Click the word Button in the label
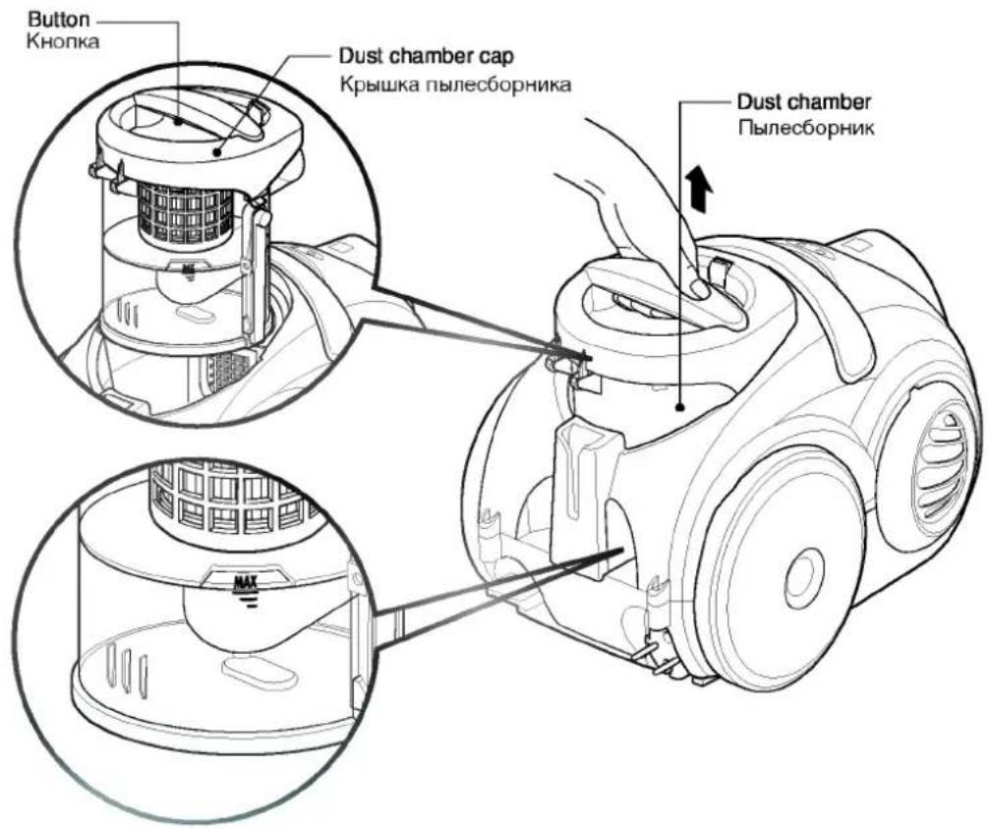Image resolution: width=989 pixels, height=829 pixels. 59,20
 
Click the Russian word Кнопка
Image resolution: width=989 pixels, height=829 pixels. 63,42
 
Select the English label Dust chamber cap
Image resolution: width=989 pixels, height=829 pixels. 427,56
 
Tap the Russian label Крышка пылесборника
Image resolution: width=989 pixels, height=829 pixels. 455,84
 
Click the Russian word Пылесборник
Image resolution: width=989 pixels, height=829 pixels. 806,128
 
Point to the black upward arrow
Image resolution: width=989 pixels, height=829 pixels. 700,188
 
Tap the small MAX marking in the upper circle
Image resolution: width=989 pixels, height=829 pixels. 188,270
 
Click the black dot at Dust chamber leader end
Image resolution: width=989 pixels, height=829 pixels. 680,407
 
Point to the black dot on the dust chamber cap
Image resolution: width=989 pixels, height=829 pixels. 217,151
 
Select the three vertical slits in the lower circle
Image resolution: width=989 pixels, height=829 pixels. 127,669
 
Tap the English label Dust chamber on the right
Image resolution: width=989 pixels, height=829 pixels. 804,101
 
